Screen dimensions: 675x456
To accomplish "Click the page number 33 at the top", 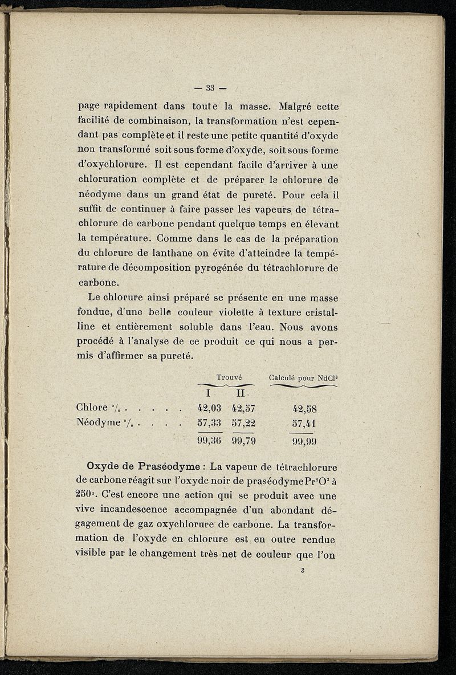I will tap(209, 87).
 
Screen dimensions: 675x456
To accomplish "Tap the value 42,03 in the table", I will tap(209, 408).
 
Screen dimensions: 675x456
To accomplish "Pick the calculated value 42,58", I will tap(304, 408).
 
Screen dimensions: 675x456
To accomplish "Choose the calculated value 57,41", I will tap(304, 423).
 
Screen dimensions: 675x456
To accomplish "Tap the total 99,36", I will tap(209, 440).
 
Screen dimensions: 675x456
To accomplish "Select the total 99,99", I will tap(304, 441).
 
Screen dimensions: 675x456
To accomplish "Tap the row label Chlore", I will tap(91, 408).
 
